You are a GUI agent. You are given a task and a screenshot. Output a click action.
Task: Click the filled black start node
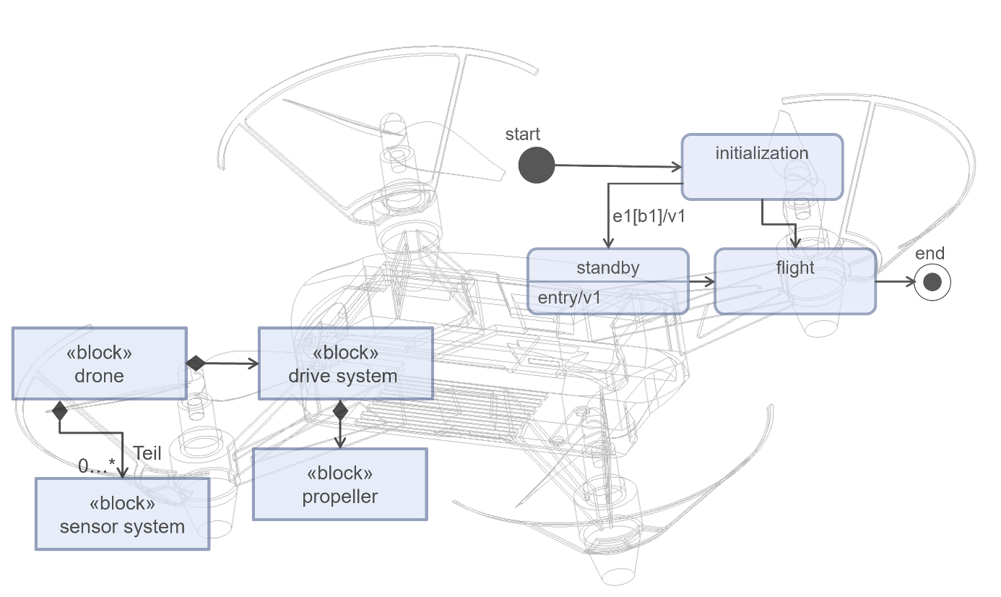[x=537, y=165]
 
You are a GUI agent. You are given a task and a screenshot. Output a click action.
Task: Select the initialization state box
[x=762, y=167]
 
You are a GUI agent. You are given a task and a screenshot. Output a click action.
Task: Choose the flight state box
[x=795, y=281]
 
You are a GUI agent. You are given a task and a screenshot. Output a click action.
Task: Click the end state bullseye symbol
[x=932, y=282]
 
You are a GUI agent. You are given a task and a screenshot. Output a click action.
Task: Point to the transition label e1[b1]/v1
[x=648, y=217]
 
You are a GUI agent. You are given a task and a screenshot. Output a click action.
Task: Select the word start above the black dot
[x=523, y=134]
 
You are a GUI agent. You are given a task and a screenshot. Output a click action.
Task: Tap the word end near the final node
[x=929, y=254]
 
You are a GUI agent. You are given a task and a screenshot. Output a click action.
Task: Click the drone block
[x=99, y=364]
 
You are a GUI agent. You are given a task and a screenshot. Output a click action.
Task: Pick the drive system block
[x=345, y=364]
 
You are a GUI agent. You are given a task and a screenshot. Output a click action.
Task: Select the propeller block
[x=339, y=484]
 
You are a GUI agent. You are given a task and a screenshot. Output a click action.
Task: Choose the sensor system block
[x=122, y=514]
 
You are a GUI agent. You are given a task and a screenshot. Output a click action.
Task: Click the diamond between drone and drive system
[x=196, y=364]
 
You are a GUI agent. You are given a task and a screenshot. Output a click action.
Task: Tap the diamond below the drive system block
[x=340, y=411]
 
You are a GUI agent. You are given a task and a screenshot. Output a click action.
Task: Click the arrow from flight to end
[x=895, y=282]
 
